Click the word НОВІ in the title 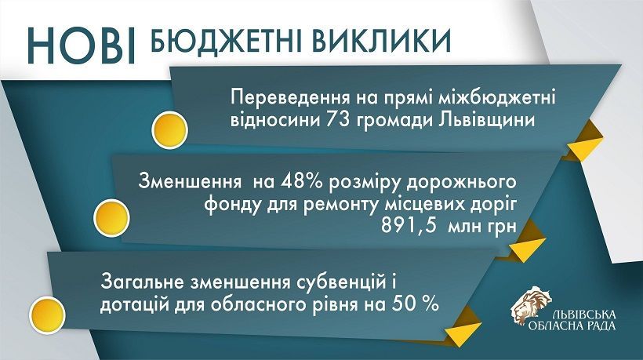coord(82,45)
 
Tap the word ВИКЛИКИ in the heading coord(382,41)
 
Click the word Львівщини coord(488,121)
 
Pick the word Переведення coord(285,99)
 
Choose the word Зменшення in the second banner coord(190,181)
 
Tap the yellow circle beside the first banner coord(169,130)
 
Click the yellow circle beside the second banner coord(111,218)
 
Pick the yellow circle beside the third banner coord(48,315)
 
